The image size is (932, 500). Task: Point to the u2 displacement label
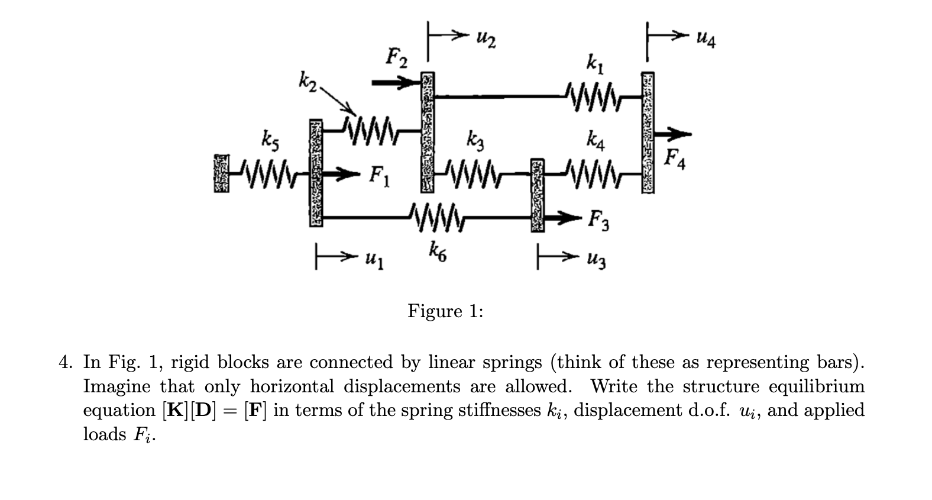pyautogui.click(x=486, y=41)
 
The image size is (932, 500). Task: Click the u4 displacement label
pyautogui.click(x=705, y=41)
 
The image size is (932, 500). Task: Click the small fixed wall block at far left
pyautogui.click(x=221, y=174)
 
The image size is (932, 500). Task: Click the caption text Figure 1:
pyautogui.click(x=445, y=311)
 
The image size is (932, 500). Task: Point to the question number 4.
pyautogui.click(x=64, y=362)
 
